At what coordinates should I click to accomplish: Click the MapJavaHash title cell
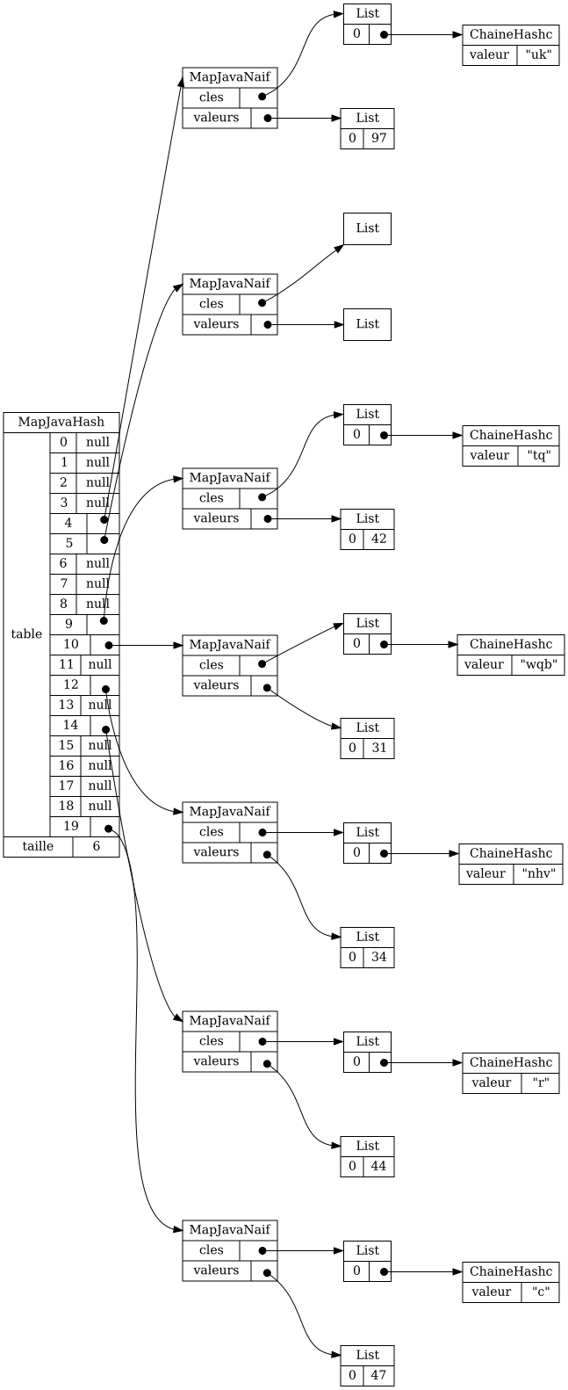61,422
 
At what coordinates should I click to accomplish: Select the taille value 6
96,846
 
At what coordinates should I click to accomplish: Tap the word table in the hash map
26,634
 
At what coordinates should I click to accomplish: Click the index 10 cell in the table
71,644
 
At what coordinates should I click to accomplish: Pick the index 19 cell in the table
71,826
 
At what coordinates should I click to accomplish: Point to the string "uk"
537,54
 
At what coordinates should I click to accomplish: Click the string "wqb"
538,664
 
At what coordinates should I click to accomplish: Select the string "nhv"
538,873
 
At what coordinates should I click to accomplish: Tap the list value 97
379,138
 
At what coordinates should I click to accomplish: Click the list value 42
379,539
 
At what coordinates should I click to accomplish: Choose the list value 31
379,748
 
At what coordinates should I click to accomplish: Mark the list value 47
379,1375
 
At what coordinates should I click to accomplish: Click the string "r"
540,1082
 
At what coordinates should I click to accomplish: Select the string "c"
540,1292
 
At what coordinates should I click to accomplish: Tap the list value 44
379,1166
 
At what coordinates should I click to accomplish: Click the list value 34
379,957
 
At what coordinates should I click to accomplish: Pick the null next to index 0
98,442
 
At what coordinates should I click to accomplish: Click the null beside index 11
100,664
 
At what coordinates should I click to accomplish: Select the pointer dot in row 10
109,645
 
